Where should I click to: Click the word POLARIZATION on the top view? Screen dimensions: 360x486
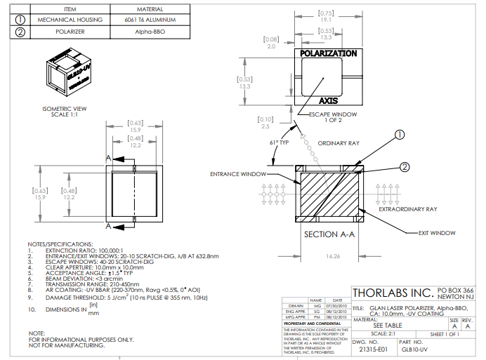pyautogui.click(x=329, y=53)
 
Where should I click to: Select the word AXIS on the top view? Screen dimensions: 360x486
pyautogui.click(x=329, y=100)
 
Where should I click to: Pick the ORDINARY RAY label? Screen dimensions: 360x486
pyautogui.click(x=339, y=142)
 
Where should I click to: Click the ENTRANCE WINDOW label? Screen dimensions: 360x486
pyautogui.click(x=238, y=173)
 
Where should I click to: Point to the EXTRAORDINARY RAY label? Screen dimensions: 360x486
pyautogui.click(x=408, y=209)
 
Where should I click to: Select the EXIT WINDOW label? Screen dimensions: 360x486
pyautogui.click(x=437, y=232)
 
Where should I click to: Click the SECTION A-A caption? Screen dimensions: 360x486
pyautogui.click(x=329, y=234)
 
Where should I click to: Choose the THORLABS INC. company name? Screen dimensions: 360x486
pyautogui.click(x=392, y=293)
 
